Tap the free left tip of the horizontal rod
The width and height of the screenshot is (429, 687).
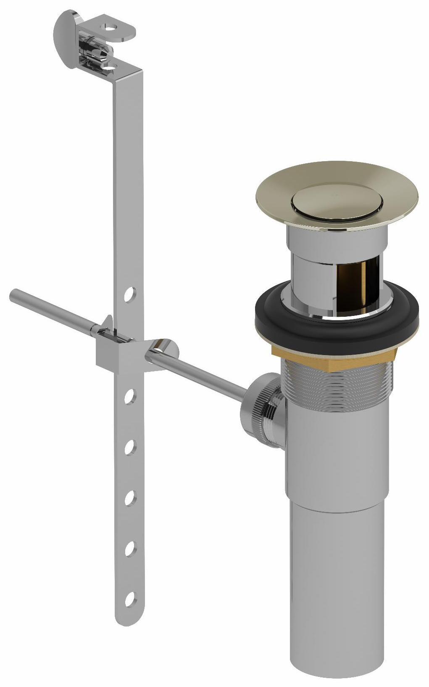13,295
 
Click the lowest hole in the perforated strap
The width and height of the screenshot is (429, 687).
130,598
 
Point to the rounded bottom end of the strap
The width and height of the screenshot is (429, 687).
124,618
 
